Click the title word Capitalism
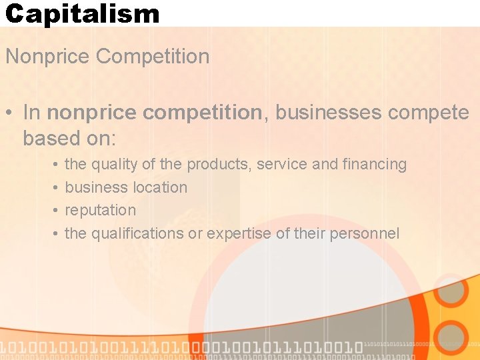tap(83, 13)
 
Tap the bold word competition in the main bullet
tap(203, 113)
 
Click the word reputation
tap(100, 210)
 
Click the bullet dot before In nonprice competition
tap(9, 113)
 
